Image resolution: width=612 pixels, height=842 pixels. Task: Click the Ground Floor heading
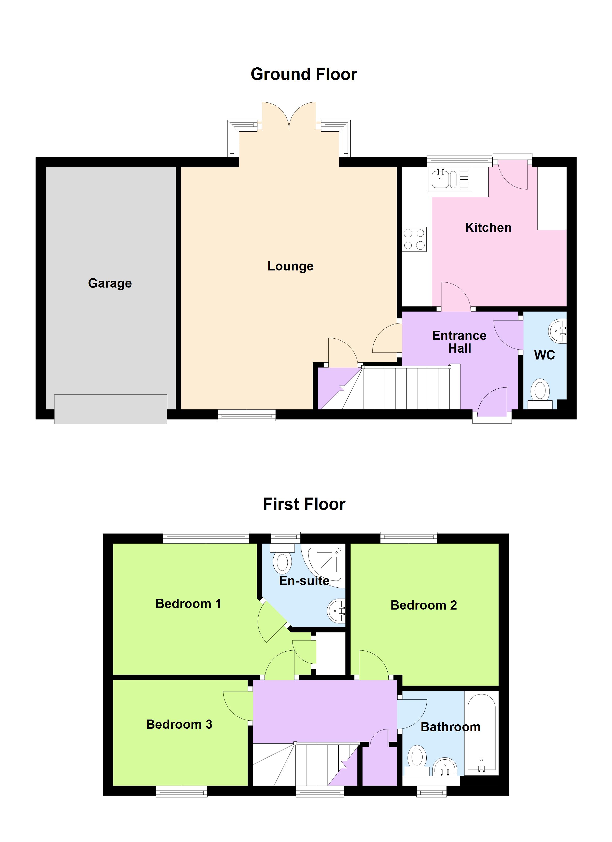pyautogui.click(x=304, y=74)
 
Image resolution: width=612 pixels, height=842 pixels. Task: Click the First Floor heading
pyautogui.click(x=304, y=504)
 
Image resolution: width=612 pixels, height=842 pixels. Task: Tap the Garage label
pyautogui.click(x=110, y=283)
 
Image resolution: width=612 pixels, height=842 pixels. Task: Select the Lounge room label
pyautogui.click(x=290, y=266)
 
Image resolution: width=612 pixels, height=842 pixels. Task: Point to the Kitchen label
pyautogui.click(x=488, y=228)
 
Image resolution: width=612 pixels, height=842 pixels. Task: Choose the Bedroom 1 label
pyautogui.click(x=188, y=604)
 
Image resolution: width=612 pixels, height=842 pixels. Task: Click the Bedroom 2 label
pyautogui.click(x=424, y=605)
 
